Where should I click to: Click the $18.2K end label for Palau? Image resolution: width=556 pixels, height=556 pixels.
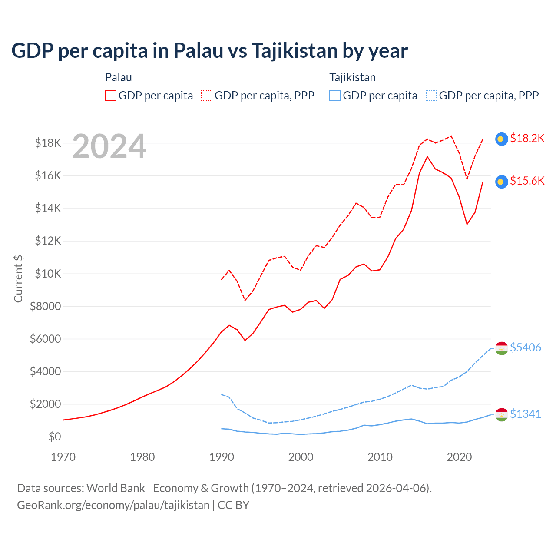click(527, 138)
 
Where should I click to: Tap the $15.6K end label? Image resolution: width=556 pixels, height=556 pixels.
click(527, 181)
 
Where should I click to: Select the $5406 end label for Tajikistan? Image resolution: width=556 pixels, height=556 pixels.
click(525, 347)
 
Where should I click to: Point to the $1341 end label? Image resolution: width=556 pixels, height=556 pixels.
click(525, 414)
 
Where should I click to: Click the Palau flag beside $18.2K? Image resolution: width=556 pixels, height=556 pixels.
click(502, 139)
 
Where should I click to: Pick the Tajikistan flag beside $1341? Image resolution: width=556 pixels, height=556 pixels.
click(502, 415)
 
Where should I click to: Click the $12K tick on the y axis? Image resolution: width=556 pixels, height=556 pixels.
click(48, 241)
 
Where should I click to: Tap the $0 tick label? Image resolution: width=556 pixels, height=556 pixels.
click(54, 437)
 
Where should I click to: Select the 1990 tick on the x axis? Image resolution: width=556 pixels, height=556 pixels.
click(222, 457)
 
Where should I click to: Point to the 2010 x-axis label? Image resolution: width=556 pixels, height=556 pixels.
click(380, 457)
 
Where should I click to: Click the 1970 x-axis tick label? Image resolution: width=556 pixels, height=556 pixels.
click(63, 457)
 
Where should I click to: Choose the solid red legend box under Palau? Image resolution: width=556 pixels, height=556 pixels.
click(111, 96)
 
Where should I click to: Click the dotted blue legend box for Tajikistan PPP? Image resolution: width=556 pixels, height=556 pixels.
click(431, 96)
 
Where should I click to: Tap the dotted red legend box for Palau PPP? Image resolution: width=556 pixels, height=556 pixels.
click(207, 96)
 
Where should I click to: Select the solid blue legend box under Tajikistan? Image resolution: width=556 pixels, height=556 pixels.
click(335, 96)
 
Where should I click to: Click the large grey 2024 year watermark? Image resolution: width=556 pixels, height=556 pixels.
click(109, 147)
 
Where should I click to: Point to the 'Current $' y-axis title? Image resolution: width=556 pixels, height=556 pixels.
click(18, 279)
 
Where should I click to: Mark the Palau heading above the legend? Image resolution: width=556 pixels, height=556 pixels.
click(119, 77)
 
